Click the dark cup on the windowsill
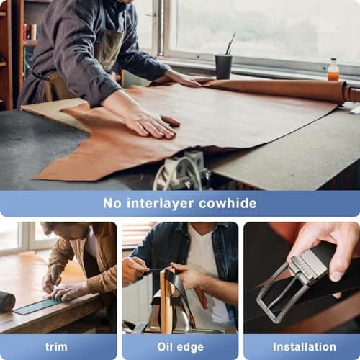click(x=223, y=66)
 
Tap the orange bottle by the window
click(x=333, y=70)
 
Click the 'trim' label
click(x=56, y=346)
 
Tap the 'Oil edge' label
click(x=179, y=346)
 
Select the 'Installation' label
click(x=304, y=346)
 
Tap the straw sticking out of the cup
click(x=230, y=44)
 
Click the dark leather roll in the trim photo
click(x=6, y=301)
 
